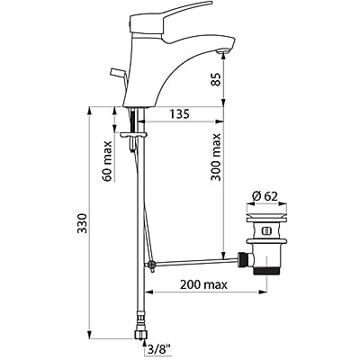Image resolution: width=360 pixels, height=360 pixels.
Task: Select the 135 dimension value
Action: tap(180, 115)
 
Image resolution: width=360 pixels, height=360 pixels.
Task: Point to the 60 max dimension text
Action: tap(108, 160)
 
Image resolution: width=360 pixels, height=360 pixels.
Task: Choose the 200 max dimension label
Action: tap(202, 284)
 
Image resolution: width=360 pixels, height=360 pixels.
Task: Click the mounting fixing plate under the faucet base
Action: tap(136, 138)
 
